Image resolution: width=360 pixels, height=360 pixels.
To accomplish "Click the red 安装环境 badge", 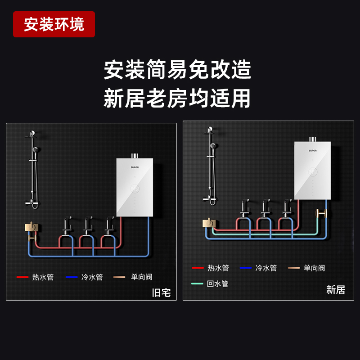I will (54, 24).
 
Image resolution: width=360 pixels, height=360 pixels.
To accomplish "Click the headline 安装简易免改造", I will (177, 70).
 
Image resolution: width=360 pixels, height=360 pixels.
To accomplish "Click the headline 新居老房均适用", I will (177, 98).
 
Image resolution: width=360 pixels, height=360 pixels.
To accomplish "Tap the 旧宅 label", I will (161, 293).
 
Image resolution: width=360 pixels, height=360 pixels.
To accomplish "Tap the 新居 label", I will (335, 290).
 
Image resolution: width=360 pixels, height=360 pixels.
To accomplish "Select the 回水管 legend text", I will (218, 284).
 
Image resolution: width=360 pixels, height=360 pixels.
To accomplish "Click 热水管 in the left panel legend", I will (43, 277).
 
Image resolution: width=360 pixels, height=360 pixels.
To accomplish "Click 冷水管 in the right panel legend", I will (266, 268).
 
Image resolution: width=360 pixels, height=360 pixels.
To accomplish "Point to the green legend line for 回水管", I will (198, 284).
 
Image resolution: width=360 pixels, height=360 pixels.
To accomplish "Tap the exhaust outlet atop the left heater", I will (134, 156).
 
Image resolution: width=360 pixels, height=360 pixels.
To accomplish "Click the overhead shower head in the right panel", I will (209, 131).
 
